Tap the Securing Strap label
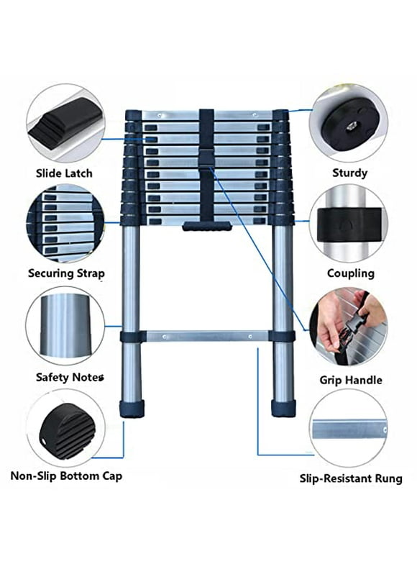tap(67, 273)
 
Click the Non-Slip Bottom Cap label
tap(66, 476)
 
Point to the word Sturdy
tap(349, 173)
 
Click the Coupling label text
tap(350, 273)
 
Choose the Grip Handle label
tap(350, 380)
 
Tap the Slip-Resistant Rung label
tap(350, 478)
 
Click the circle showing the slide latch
tap(65, 122)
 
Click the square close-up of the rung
tap(349, 429)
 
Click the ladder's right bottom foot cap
tap(283, 407)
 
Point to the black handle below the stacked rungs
tap(207, 227)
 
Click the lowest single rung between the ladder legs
tap(207, 336)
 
